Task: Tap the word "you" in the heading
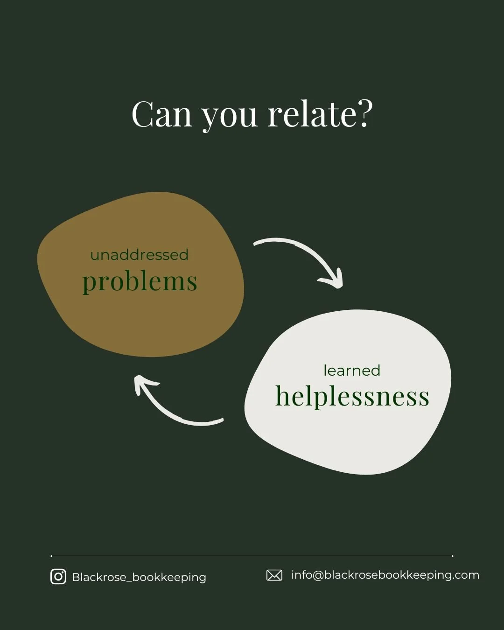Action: [229, 117]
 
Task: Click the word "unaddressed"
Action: [139, 255]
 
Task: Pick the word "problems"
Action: [140, 282]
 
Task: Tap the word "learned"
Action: [352, 371]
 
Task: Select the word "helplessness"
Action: [352, 397]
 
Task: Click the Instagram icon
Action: [58, 577]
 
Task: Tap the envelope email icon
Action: [274, 575]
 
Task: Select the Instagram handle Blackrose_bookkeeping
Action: [139, 577]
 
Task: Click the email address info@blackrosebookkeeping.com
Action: [385, 575]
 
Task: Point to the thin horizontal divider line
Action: [252, 556]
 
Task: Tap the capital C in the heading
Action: [143, 114]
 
